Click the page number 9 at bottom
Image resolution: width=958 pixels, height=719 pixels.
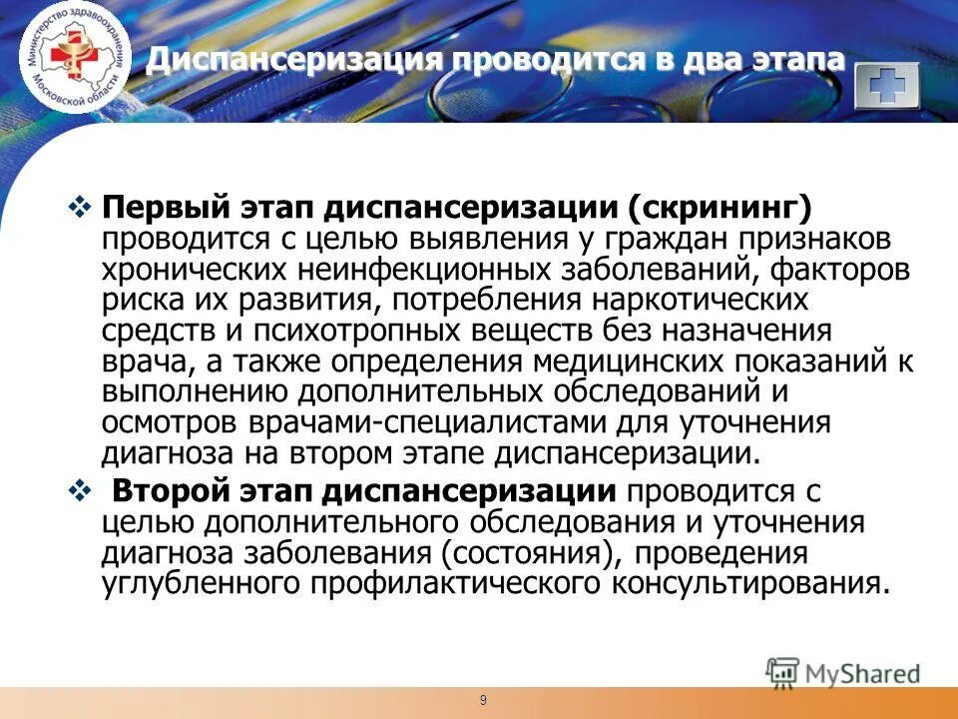(x=483, y=700)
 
